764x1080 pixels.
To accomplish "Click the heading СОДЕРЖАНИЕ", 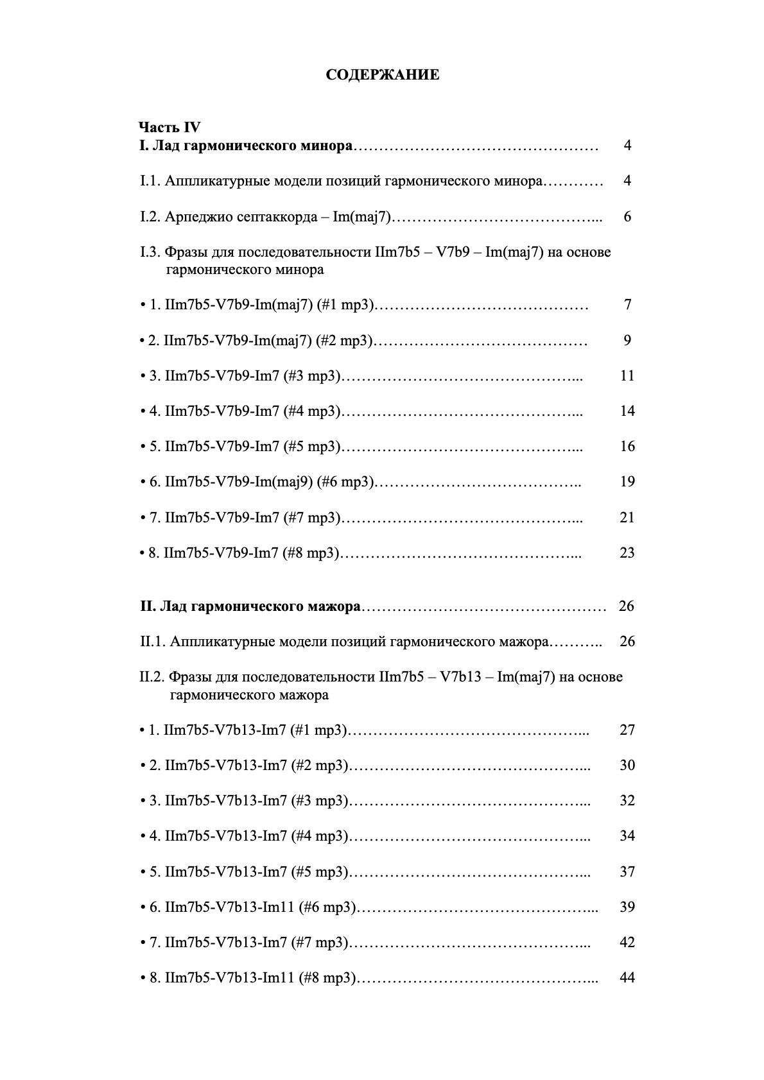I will coord(383,75).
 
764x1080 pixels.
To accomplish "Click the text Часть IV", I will coord(169,127).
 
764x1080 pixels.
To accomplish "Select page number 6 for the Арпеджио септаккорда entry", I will coord(627,216).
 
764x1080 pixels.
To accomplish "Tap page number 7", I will coord(627,305).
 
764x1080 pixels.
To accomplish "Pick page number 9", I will coord(627,340).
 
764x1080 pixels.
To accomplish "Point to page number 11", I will coord(627,375).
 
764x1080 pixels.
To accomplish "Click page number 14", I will coord(627,411).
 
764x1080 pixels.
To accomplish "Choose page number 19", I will coord(627,481).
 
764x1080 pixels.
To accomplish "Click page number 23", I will coord(627,553).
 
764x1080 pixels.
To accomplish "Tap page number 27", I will coord(627,730).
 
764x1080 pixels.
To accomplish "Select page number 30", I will coord(627,765).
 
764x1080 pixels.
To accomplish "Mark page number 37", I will coord(627,871).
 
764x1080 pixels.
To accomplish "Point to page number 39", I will coord(627,907).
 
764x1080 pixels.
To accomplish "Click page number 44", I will coord(627,978).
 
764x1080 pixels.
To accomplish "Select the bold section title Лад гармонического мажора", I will coord(260,606).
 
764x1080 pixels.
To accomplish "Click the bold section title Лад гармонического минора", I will coord(252,146).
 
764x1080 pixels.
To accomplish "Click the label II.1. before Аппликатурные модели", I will coord(153,642).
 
